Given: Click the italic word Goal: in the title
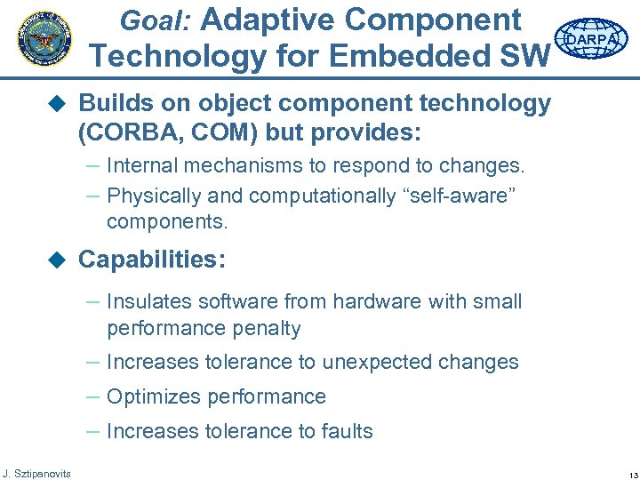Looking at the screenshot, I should click(x=161, y=20).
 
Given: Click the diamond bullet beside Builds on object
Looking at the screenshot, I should click(x=58, y=104).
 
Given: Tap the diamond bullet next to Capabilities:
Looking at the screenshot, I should click(x=58, y=260).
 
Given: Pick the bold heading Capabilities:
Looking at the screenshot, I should click(x=152, y=260).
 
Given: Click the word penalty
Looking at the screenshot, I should click(x=264, y=328).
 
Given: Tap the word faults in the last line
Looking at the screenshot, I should click(x=345, y=431).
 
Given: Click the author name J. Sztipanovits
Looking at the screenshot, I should click(x=37, y=472).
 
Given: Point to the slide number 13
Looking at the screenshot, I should click(x=621, y=473).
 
